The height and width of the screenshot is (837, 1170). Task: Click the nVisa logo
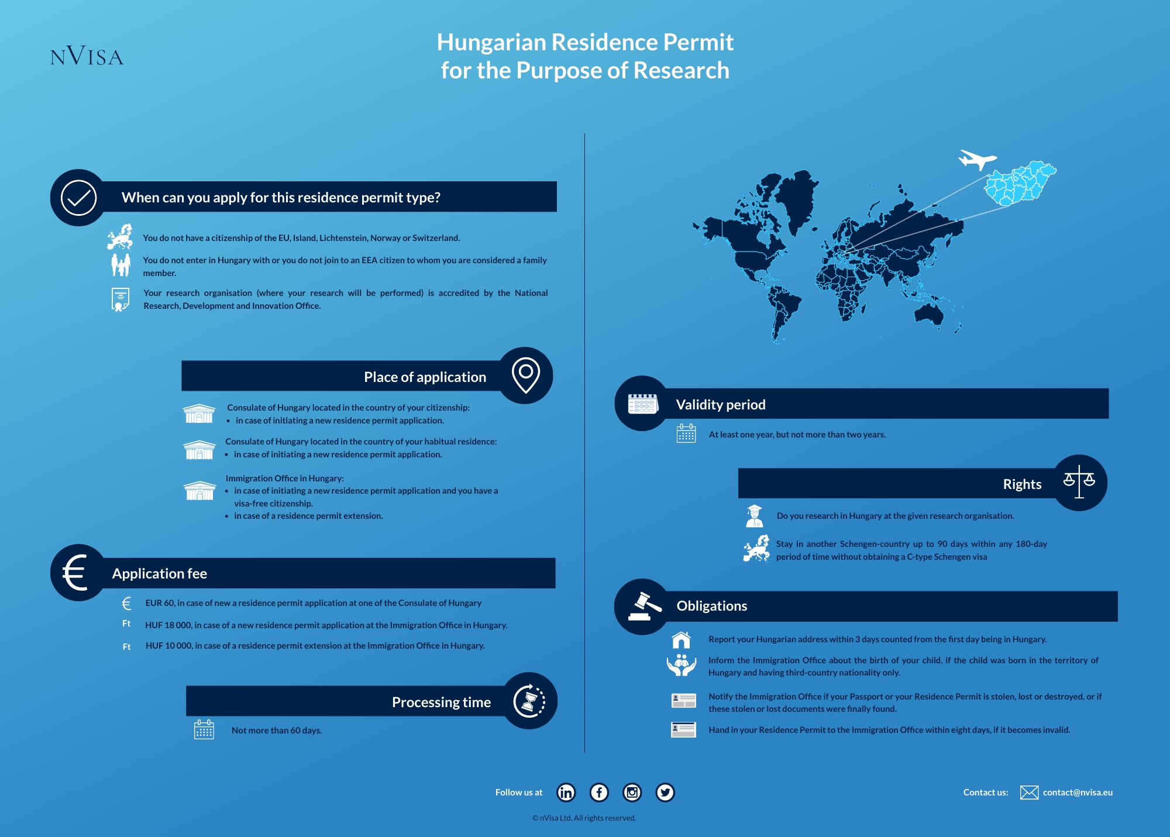point(87,56)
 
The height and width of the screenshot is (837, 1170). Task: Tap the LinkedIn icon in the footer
point(566,792)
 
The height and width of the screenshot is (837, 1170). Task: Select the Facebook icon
point(599,792)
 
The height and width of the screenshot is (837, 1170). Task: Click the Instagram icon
point(632,792)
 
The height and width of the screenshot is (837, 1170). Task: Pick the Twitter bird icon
point(665,792)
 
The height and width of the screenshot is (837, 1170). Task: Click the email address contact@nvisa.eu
point(1078,792)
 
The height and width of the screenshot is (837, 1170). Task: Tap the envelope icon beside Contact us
point(1029,792)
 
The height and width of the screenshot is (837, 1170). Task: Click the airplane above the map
point(977,159)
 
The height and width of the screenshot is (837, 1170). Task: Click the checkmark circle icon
point(78,198)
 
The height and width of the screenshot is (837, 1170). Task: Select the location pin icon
point(525,375)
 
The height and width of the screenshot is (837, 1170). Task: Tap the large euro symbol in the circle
point(76,573)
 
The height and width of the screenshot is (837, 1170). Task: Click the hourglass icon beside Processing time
point(529,701)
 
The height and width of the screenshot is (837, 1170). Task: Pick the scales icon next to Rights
point(1079,482)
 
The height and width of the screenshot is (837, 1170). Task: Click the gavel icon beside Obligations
point(643,606)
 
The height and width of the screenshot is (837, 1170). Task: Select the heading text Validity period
point(720,404)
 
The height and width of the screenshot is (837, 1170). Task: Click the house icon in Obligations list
point(682,640)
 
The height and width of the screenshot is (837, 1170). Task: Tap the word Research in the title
point(681,70)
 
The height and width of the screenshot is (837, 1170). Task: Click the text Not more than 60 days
point(276,730)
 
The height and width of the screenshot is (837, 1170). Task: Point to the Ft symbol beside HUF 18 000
point(126,624)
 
